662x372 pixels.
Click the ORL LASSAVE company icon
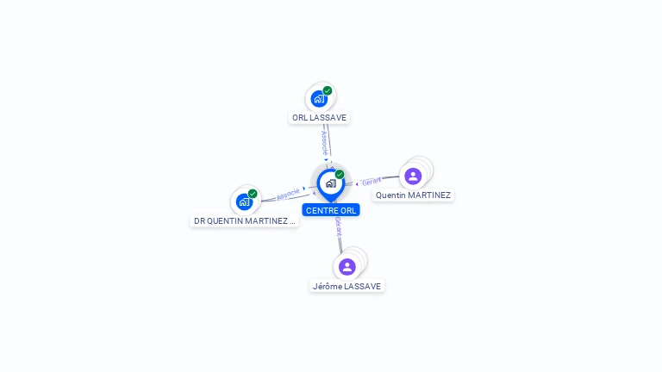[319, 98]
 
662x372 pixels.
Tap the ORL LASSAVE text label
[320, 117]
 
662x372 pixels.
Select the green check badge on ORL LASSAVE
[328, 90]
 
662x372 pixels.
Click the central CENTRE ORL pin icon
[330, 183]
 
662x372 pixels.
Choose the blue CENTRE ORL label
[331, 210]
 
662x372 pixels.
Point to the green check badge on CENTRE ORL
[340, 175]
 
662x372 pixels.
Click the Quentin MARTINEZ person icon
[413, 176]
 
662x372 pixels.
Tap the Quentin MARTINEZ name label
[413, 195]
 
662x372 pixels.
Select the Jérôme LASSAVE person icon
[347, 266]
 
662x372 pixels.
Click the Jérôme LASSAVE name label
[347, 286]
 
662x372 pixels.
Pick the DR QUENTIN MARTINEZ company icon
[245, 201]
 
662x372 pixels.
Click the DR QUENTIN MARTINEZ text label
[245, 221]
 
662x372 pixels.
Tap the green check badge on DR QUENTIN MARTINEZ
[253, 194]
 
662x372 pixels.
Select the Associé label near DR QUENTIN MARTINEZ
[288, 194]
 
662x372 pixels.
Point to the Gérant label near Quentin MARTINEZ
[372, 181]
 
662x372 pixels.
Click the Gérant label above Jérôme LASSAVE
[339, 226]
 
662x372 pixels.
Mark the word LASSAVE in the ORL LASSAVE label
[328, 117]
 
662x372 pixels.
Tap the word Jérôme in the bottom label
[328, 286]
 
